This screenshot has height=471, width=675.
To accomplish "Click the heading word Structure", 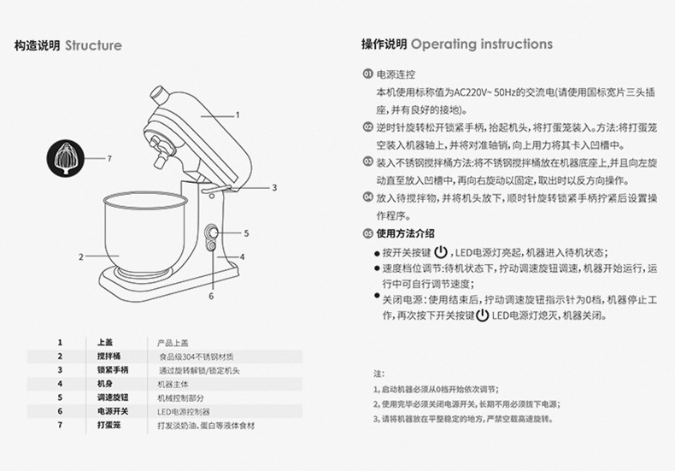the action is [x=93, y=45].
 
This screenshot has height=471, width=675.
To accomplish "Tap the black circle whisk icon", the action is [x=66, y=160].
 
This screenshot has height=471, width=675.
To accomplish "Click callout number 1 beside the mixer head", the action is [x=238, y=114].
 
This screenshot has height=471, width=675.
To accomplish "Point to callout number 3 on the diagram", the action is [x=275, y=186].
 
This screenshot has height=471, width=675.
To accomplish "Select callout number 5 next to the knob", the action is [x=245, y=232].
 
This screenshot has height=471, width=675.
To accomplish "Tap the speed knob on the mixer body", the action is [x=210, y=232].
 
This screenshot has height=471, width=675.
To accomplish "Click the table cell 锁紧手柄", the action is [x=112, y=369].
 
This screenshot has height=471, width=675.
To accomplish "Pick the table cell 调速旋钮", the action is [x=112, y=397].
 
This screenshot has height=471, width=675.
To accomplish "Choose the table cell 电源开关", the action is [x=112, y=411].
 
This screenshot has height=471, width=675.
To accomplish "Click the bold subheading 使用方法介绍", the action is [x=406, y=233].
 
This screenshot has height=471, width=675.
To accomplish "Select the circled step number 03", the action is [x=367, y=161].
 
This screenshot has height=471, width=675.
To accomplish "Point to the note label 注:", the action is [x=379, y=374].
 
